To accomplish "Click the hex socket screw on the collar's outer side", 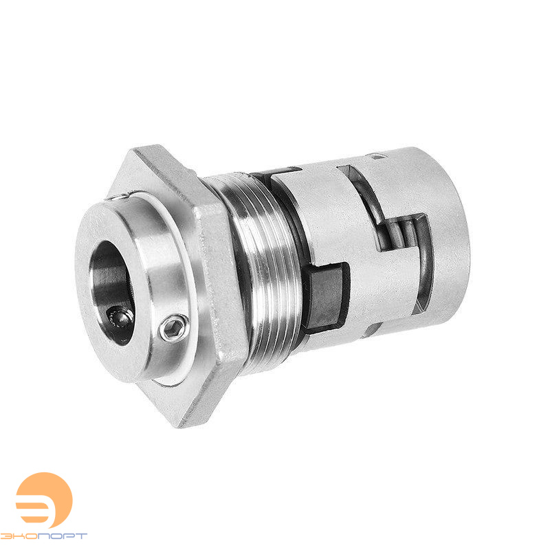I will pyautogui.click(x=173, y=327).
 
